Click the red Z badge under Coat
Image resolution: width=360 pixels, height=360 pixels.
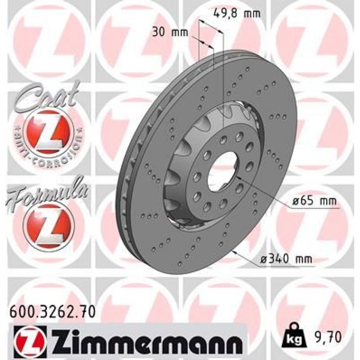[49, 131]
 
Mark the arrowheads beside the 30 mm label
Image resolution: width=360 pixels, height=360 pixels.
[206, 44]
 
